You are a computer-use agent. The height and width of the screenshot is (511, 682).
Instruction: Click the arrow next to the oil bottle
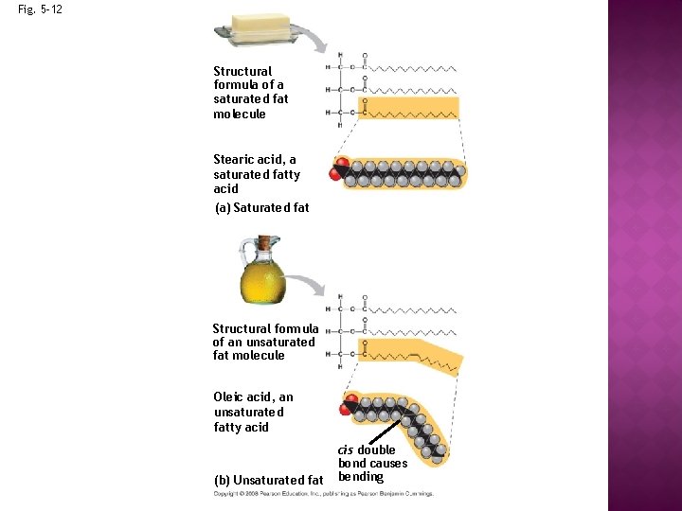pos(306,282)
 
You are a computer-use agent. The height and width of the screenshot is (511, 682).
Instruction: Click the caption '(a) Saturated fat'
pos(261,207)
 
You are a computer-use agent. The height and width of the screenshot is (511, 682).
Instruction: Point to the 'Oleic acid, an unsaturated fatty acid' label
pos(253,412)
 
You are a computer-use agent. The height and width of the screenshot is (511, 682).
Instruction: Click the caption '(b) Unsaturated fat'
pos(270,480)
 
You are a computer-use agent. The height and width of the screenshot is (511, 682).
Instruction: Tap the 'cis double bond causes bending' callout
pos(372,463)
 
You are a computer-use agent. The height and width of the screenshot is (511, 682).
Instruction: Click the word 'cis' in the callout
pos(346,449)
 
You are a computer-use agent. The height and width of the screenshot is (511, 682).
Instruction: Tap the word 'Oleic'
pos(231,397)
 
